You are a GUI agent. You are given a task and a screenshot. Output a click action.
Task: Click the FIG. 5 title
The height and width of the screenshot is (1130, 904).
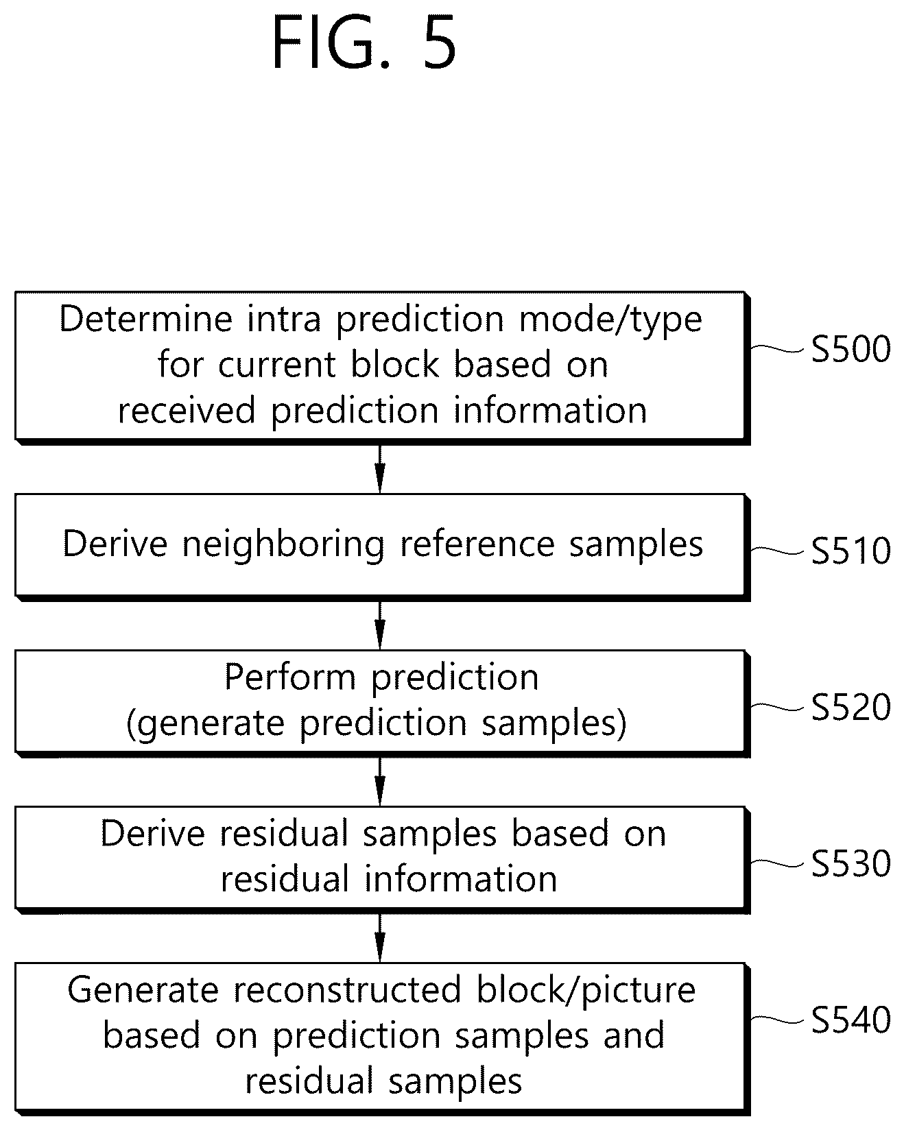(x=364, y=44)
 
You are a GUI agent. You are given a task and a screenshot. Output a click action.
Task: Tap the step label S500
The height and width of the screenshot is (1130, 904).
(x=851, y=348)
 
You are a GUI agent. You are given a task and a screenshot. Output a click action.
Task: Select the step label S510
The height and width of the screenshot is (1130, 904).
(x=851, y=551)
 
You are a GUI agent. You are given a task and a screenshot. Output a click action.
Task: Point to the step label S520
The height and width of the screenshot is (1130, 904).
(x=851, y=707)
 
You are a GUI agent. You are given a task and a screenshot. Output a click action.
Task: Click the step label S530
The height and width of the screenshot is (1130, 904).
(x=851, y=863)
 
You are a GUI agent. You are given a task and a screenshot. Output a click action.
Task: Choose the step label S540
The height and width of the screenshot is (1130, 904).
(x=851, y=1020)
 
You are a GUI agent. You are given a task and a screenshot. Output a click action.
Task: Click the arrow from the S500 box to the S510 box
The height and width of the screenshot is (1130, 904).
(x=380, y=468)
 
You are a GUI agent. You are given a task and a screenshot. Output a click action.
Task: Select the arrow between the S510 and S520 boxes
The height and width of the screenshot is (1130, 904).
(x=380, y=625)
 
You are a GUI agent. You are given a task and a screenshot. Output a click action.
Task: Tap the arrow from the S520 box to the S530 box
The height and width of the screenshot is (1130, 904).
(x=380, y=781)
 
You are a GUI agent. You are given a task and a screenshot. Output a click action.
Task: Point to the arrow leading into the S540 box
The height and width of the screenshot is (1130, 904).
(x=380, y=937)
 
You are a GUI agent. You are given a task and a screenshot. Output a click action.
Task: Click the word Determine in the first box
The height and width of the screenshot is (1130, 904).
(x=145, y=319)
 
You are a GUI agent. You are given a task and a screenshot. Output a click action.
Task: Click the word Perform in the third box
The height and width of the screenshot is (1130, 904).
(x=289, y=677)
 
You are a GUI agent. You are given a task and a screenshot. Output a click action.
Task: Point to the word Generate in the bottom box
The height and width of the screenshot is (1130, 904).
(x=143, y=990)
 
